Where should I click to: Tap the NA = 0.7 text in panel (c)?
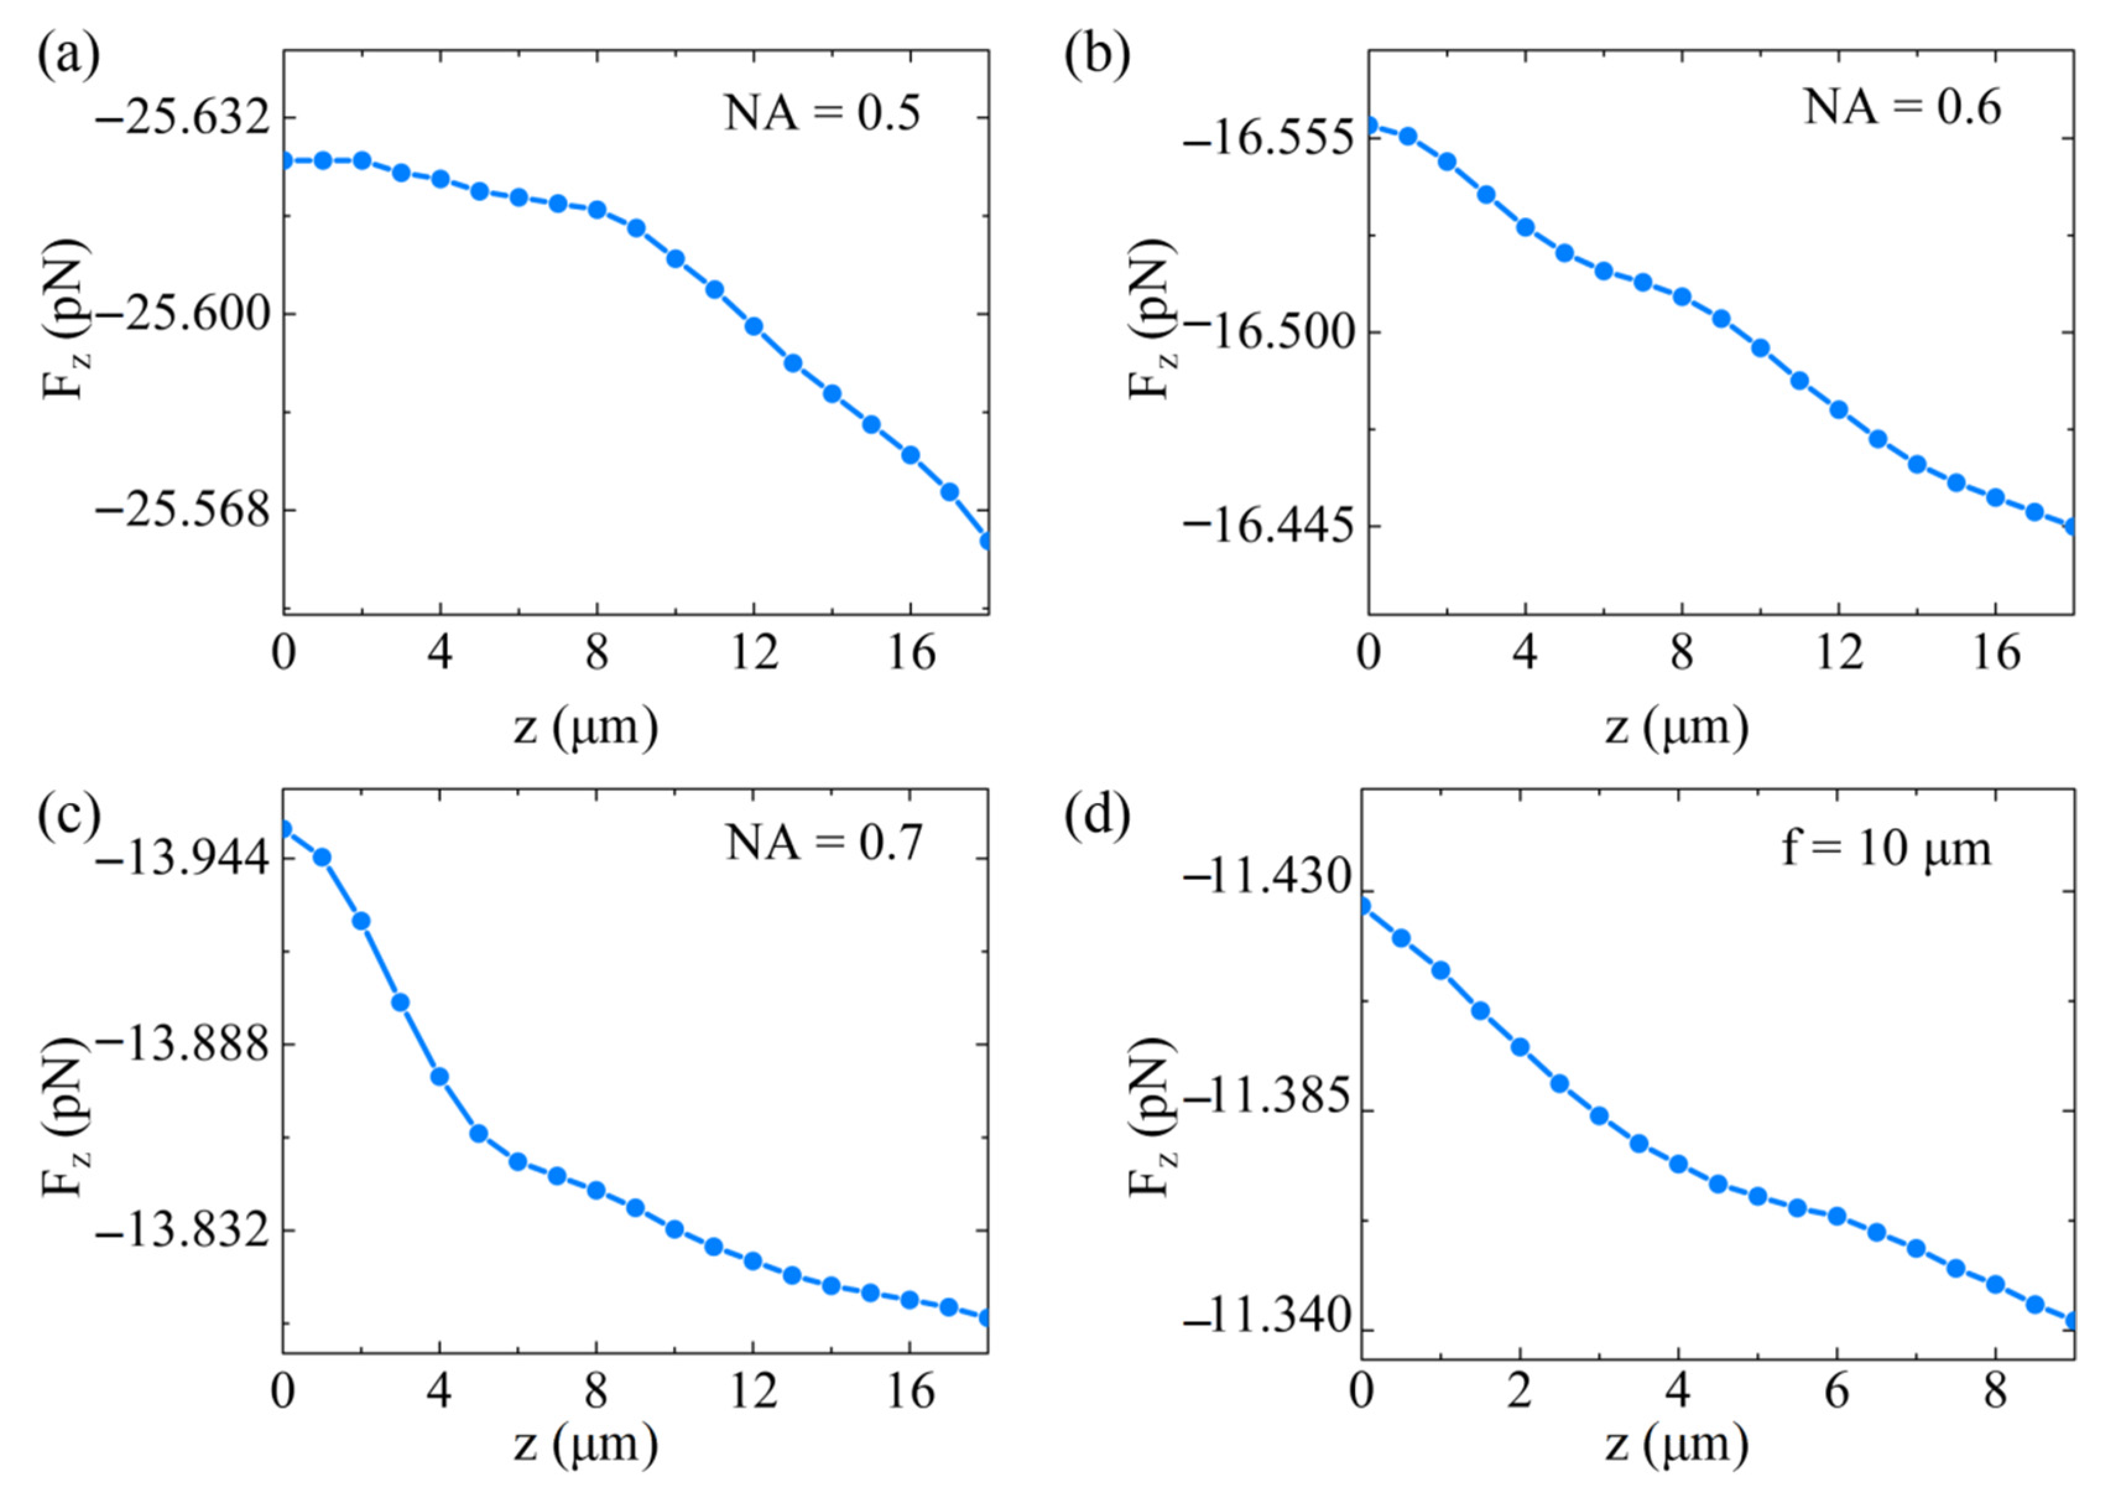pyautogui.click(x=823, y=842)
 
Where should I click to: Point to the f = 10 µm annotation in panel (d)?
pyautogui.click(x=1886, y=848)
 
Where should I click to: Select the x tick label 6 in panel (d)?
pyautogui.click(x=1836, y=1393)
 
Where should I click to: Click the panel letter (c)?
pyautogui.click(x=69, y=816)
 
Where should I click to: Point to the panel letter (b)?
pyautogui.click(x=1096, y=57)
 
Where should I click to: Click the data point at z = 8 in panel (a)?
pyautogui.click(x=597, y=209)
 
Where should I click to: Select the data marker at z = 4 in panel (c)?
pyautogui.click(x=440, y=1076)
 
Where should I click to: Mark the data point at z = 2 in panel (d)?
pyautogui.click(x=1520, y=1046)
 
